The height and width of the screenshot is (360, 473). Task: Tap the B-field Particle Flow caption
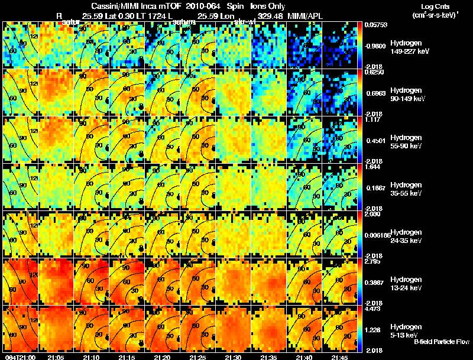(x=441, y=342)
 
